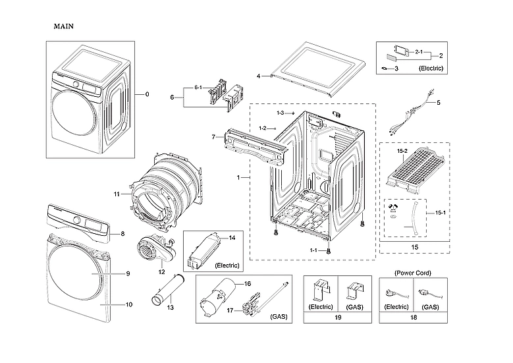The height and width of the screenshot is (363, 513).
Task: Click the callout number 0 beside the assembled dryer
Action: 147,94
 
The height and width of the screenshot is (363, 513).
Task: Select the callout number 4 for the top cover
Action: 259,75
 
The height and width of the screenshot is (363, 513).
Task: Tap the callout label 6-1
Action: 198,88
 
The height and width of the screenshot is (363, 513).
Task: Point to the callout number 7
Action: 213,136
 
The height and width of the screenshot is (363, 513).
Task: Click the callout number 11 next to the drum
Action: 117,194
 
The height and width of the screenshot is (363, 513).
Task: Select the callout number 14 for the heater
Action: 232,237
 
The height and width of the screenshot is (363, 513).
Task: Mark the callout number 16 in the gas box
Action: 248,283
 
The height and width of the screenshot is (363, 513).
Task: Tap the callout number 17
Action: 230,310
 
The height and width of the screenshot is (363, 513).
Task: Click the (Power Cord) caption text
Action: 413,272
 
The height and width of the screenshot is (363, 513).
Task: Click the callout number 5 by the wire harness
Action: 438,102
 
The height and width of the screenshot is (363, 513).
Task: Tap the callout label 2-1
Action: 419,51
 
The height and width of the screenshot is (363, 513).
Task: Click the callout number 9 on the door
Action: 128,273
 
